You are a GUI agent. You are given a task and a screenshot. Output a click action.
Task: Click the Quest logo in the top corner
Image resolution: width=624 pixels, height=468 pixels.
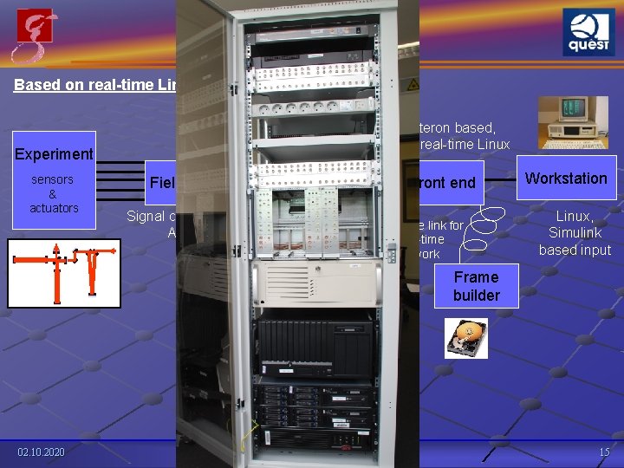589,34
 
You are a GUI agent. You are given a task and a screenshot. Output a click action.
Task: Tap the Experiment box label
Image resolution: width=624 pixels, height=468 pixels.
54,153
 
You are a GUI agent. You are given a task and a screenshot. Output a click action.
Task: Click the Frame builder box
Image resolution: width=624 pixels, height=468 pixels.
476,286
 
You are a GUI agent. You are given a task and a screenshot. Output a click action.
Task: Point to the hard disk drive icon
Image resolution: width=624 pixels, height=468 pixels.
466,338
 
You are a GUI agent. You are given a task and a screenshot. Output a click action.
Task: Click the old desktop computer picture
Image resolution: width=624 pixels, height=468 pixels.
567,122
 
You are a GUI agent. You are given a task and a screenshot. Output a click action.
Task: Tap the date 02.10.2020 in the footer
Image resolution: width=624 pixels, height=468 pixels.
41,453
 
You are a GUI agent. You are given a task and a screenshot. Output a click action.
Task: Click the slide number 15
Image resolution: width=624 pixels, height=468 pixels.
603,453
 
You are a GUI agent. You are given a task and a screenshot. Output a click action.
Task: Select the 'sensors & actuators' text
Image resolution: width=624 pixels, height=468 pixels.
54,193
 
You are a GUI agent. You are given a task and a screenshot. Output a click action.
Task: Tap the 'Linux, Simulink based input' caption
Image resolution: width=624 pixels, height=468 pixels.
574,232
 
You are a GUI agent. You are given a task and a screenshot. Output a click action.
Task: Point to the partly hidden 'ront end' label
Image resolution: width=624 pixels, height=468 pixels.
448,182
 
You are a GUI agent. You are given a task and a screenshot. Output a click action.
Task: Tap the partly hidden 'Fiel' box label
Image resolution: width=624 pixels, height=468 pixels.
161,182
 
